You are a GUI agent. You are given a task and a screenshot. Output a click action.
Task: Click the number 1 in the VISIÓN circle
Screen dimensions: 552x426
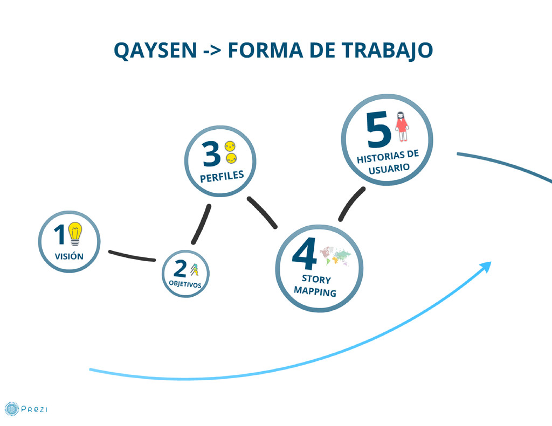59,235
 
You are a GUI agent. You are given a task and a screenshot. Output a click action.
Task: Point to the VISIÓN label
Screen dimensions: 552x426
69,256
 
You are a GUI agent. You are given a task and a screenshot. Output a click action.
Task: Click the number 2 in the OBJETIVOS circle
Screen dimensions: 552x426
180,269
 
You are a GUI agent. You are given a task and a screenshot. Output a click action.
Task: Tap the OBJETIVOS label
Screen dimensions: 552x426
185,284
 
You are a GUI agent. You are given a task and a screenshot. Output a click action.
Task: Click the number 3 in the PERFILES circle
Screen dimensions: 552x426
211,154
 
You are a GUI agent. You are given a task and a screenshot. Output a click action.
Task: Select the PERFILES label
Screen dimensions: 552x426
222,176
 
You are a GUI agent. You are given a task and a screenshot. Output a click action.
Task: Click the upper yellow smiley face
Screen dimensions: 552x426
231,145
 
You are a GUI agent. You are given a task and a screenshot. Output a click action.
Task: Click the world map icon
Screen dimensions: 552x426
335,256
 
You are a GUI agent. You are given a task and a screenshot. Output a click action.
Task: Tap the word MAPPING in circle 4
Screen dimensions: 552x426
315,291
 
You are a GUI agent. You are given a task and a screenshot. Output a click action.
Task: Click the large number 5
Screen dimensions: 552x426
378,130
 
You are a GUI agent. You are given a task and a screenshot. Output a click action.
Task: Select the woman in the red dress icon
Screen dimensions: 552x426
401,126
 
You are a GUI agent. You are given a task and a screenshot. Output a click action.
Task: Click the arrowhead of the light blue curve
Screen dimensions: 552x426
486,266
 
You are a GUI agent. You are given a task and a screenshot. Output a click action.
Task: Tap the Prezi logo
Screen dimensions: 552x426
26,409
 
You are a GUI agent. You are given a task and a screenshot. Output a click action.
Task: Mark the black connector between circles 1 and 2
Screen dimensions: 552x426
132,256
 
